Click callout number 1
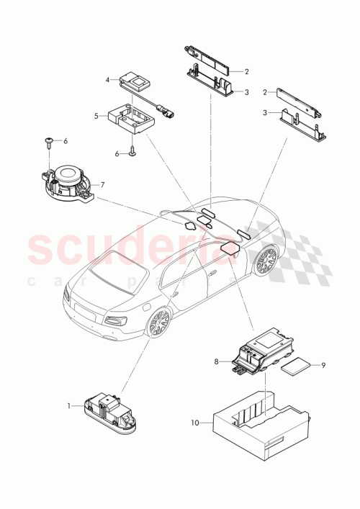[x=70, y=406]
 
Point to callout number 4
[x=107, y=80]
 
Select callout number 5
[x=95, y=115]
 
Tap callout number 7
[x=103, y=185]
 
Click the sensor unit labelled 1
[x=107, y=410]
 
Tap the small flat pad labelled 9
[x=295, y=368]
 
